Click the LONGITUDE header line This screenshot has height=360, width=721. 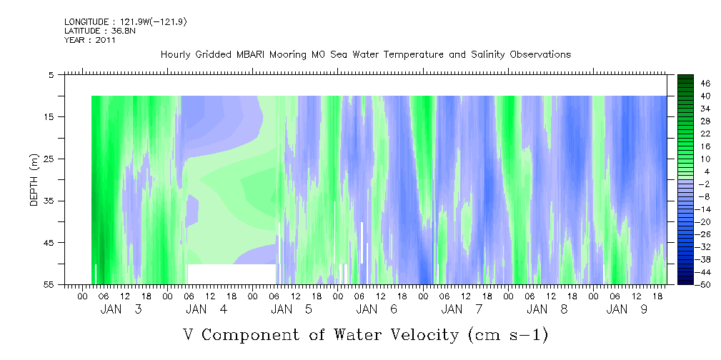[126, 22]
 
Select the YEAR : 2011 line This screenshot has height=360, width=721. [90, 40]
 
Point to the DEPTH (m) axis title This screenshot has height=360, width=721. [34, 180]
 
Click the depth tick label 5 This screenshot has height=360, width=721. [51, 74]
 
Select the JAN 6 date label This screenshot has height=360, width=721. [377, 309]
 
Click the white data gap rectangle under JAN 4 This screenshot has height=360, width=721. [232, 274]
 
